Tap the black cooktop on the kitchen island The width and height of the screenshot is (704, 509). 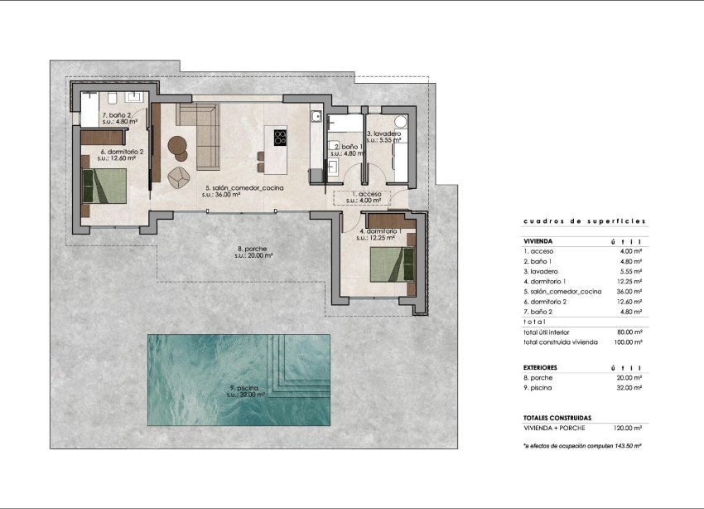click(280, 136)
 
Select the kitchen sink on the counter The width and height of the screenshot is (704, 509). click(316, 117)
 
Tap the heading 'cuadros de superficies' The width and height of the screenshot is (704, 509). click(584, 221)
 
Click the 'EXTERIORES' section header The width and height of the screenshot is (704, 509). click(540, 366)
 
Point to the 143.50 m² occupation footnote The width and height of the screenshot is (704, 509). click(583, 446)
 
